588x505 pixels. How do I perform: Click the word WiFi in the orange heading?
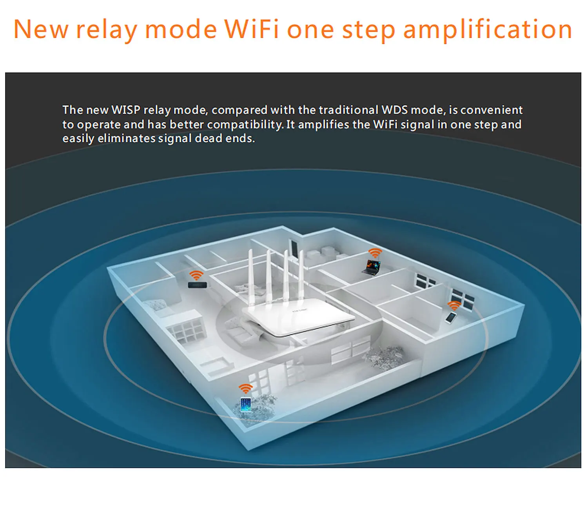pyautogui.click(x=251, y=29)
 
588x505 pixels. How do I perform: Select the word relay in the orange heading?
pyautogui.click(x=107, y=30)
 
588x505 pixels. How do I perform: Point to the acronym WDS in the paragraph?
pyautogui.click(x=394, y=110)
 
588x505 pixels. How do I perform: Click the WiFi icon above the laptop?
pyautogui.click(x=375, y=253)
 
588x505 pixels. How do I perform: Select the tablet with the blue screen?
pyautogui.click(x=246, y=405)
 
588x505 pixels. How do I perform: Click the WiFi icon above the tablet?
pyautogui.click(x=246, y=388)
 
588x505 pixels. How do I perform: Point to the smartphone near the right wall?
pyautogui.click(x=451, y=317)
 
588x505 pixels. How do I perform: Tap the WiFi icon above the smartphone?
pyautogui.click(x=454, y=305)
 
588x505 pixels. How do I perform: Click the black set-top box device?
pyautogui.click(x=197, y=285)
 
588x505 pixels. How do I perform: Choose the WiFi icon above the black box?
pyautogui.click(x=196, y=275)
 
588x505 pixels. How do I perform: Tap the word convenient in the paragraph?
pyautogui.click(x=492, y=110)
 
